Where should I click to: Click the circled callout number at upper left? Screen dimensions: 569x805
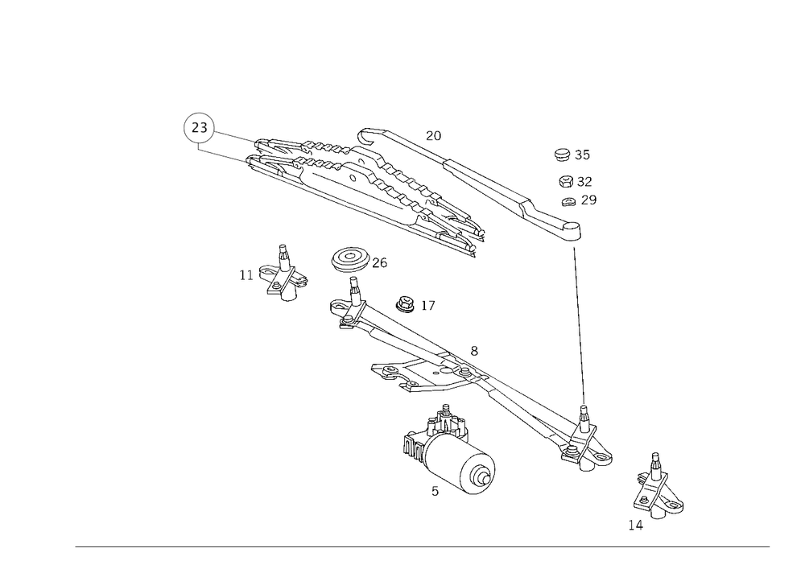click(198, 129)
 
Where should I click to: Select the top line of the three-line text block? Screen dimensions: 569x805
click(572, 155)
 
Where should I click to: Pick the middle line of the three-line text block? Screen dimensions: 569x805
click(575, 182)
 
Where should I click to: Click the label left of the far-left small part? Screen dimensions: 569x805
click(242, 277)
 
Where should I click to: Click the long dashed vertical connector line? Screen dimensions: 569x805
click(577, 322)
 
